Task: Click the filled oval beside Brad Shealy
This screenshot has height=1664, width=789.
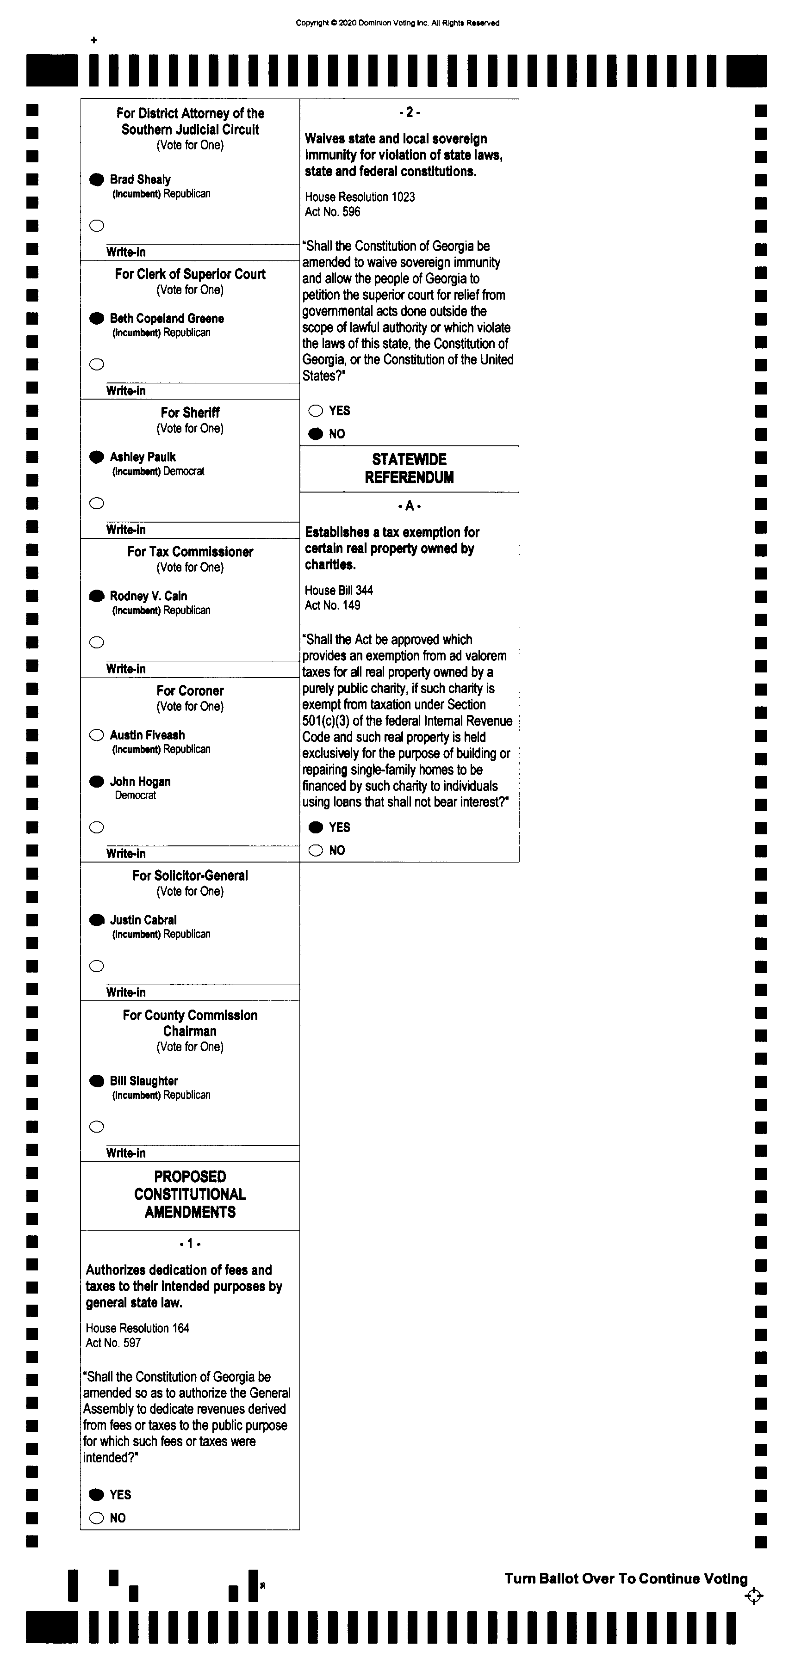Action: click(x=96, y=179)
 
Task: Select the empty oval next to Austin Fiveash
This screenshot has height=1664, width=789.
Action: click(x=96, y=735)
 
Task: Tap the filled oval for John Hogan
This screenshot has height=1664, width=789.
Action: click(x=96, y=782)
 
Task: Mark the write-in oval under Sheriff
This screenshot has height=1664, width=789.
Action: click(x=96, y=503)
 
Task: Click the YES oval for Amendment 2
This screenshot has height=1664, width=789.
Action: click(x=315, y=411)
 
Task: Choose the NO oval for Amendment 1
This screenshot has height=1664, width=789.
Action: click(x=96, y=1518)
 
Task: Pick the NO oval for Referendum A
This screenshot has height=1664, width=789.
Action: click(x=315, y=850)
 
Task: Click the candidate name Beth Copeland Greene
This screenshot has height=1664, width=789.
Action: click(x=167, y=319)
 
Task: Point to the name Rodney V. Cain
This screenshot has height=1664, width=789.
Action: click(x=148, y=596)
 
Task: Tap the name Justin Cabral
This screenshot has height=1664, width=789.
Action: click(x=143, y=920)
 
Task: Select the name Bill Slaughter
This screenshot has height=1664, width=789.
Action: click(x=143, y=1081)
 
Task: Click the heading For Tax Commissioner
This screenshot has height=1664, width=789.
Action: click(x=190, y=552)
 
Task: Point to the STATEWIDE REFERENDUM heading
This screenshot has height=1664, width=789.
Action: click(x=409, y=468)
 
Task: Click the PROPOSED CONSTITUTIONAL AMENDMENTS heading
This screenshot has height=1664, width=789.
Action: click(x=190, y=1195)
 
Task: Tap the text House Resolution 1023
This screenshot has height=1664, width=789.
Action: click(x=359, y=197)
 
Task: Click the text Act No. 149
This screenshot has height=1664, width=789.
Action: click(x=332, y=605)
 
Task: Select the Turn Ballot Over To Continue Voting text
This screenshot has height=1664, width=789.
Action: click(x=626, y=1579)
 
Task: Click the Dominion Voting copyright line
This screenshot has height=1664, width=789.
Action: click(x=398, y=23)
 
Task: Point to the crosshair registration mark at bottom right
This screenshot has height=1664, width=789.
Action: click(x=753, y=1596)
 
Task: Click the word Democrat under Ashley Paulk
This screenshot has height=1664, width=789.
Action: click(x=184, y=472)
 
